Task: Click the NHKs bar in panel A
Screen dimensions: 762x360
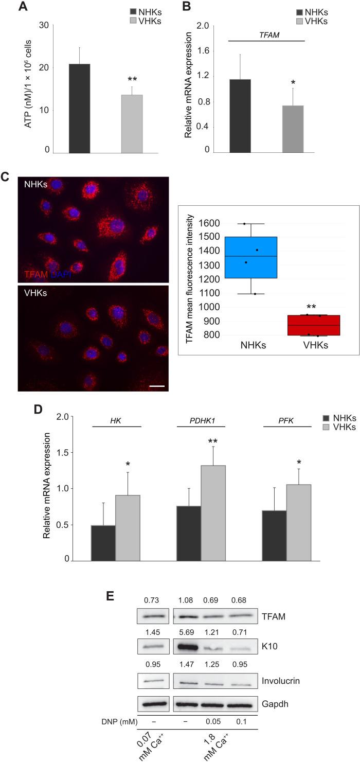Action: pyautogui.click(x=79, y=109)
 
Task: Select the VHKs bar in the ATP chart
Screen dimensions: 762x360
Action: pyautogui.click(x=132, y=124)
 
